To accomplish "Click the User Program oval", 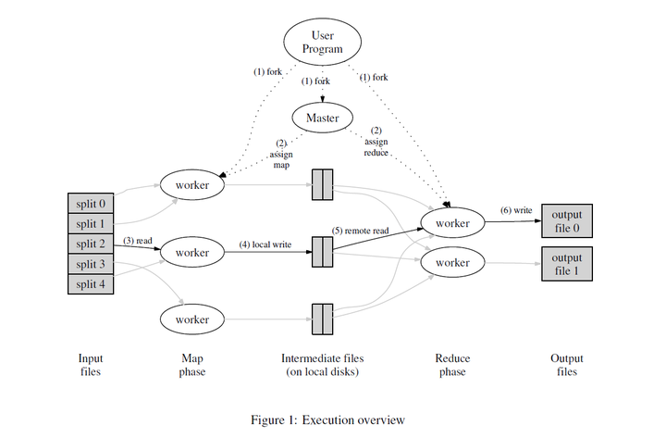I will click(322, 42).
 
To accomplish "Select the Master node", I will click(322, 118).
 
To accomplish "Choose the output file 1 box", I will click(567, 263).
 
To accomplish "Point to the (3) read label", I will click(140, 242).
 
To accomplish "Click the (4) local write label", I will click(265, 244).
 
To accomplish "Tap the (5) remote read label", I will click(366, 229).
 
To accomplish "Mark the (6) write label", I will click(515, 211).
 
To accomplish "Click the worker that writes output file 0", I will click(452, 222).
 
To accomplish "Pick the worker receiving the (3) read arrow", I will click(192, 251).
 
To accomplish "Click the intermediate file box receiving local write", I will click(321, 251).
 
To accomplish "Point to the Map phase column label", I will click(192, 365).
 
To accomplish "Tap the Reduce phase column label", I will click(452, 365).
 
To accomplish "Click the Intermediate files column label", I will click(322, 365).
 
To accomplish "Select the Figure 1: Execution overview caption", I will click(328, 420).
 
